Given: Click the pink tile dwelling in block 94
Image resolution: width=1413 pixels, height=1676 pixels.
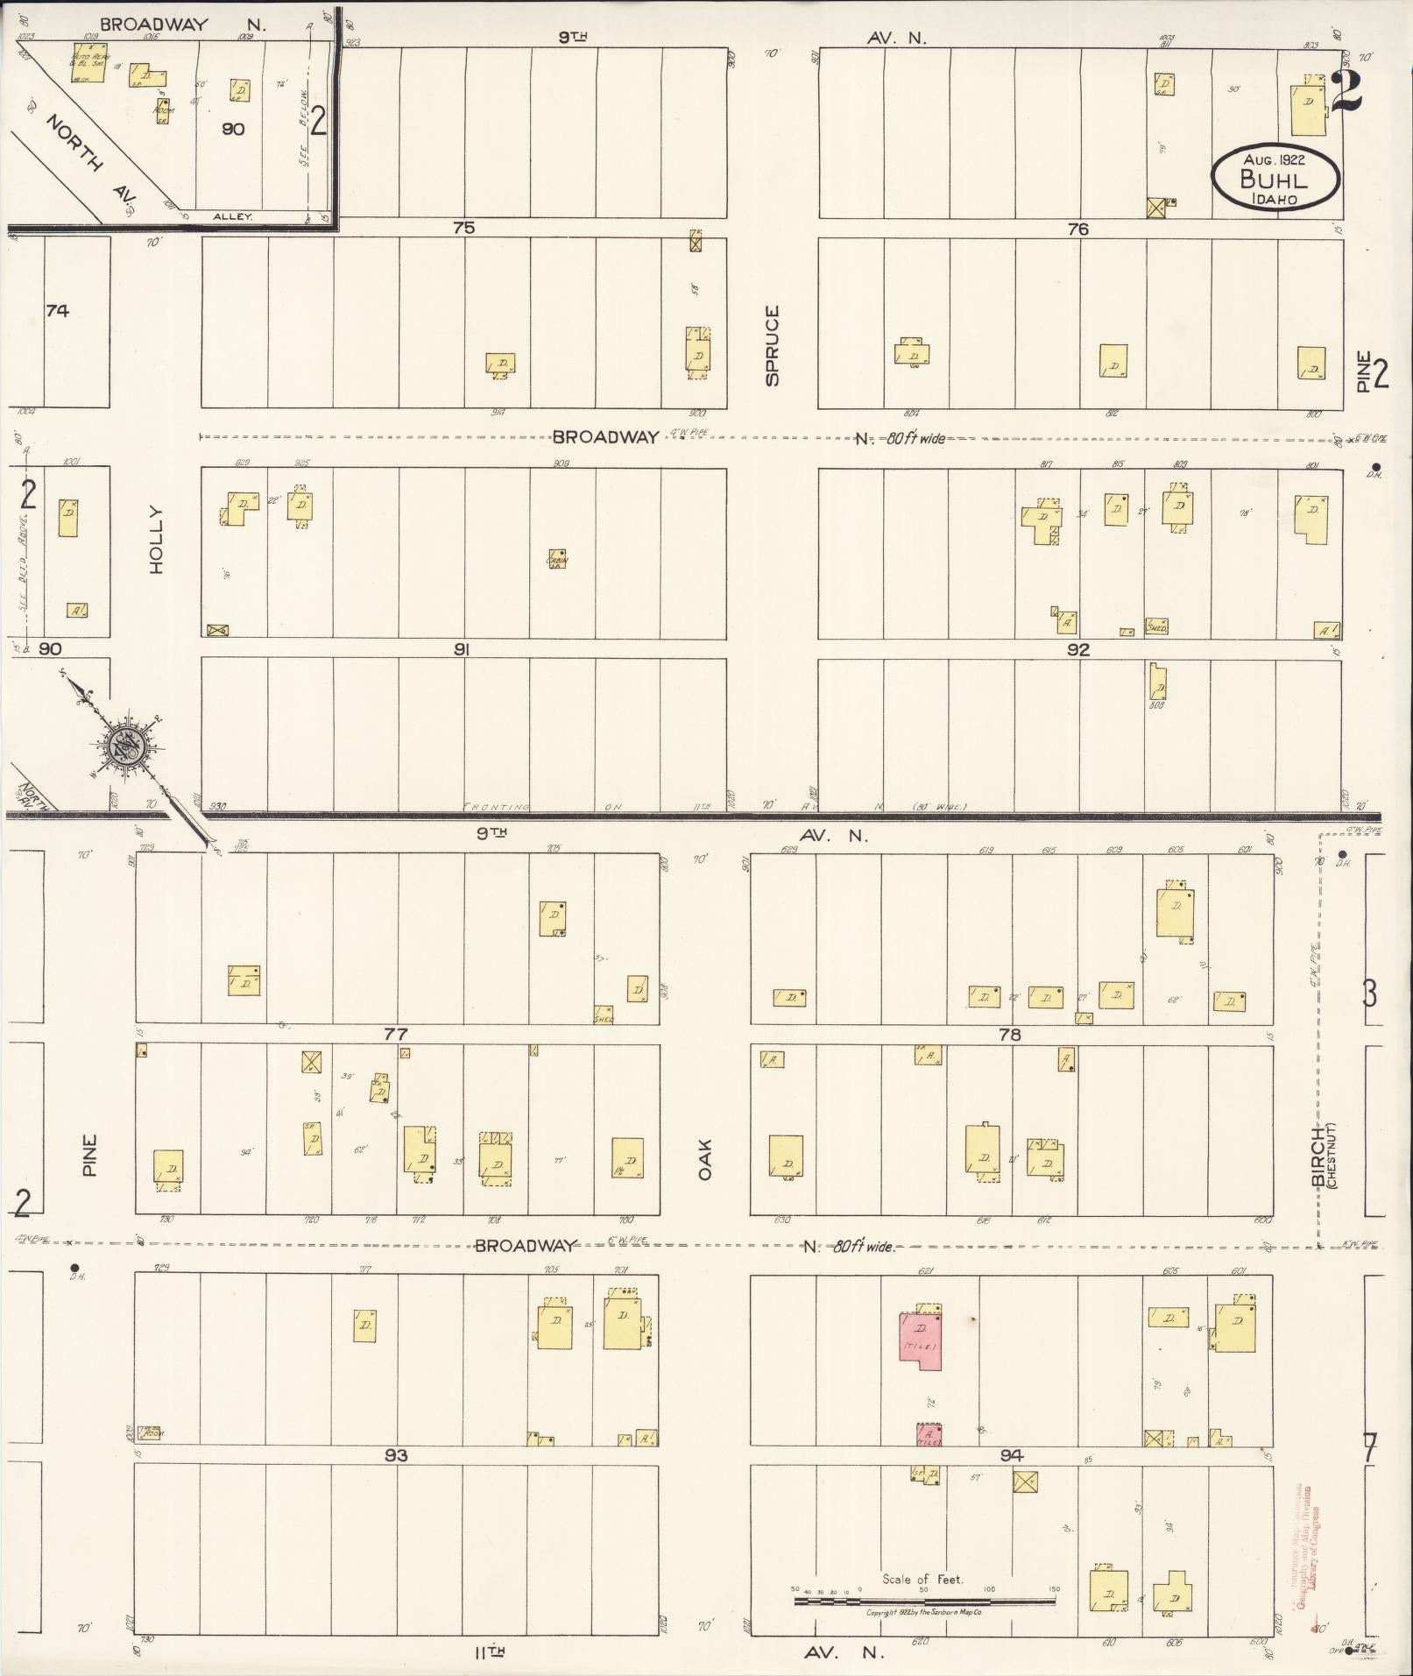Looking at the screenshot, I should pyautogui.click(x=920, y=1340).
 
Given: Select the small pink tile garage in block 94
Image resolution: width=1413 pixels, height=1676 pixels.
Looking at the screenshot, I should pyautogui.click(x=929, y=1434).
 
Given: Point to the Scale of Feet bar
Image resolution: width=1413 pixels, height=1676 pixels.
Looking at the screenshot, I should pyautogui.click(x=924, y=1600).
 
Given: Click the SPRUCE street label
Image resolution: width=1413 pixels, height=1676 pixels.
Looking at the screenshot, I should pyautogui.click(x=772, y=345).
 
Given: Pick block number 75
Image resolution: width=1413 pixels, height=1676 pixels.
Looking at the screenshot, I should pyautogui.click(x=463, y=228).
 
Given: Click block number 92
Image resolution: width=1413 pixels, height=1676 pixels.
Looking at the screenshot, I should pyautogui.click(x=1078, y=650).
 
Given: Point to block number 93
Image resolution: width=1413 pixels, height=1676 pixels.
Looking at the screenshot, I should pyautogui.click(x=396, y=1455).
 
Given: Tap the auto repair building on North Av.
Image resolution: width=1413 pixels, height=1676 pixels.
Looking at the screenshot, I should pyautogui.click(x=88, y=65).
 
